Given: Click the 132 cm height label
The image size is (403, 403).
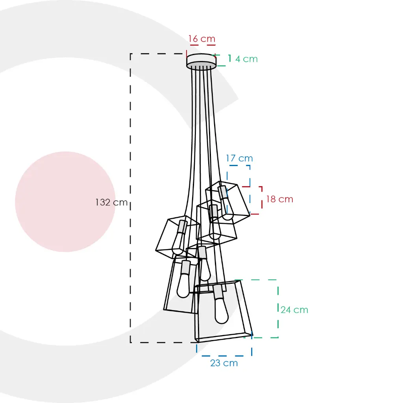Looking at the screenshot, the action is tap(111, 202).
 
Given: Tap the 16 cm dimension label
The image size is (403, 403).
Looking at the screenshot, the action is tap(202, 39).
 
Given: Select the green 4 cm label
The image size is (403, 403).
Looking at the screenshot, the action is tap(246, 59).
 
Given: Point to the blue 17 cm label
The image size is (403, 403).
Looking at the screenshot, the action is tap(239, 158).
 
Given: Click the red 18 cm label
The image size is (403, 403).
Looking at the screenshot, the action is tap(280, 199).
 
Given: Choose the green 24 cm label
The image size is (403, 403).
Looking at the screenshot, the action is tap(294, 310).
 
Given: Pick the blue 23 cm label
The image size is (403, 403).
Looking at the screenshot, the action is tap(224, 363).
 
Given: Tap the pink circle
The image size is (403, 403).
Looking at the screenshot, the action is tap(65, 201).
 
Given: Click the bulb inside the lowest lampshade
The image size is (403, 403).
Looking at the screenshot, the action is tap(221, 310).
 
